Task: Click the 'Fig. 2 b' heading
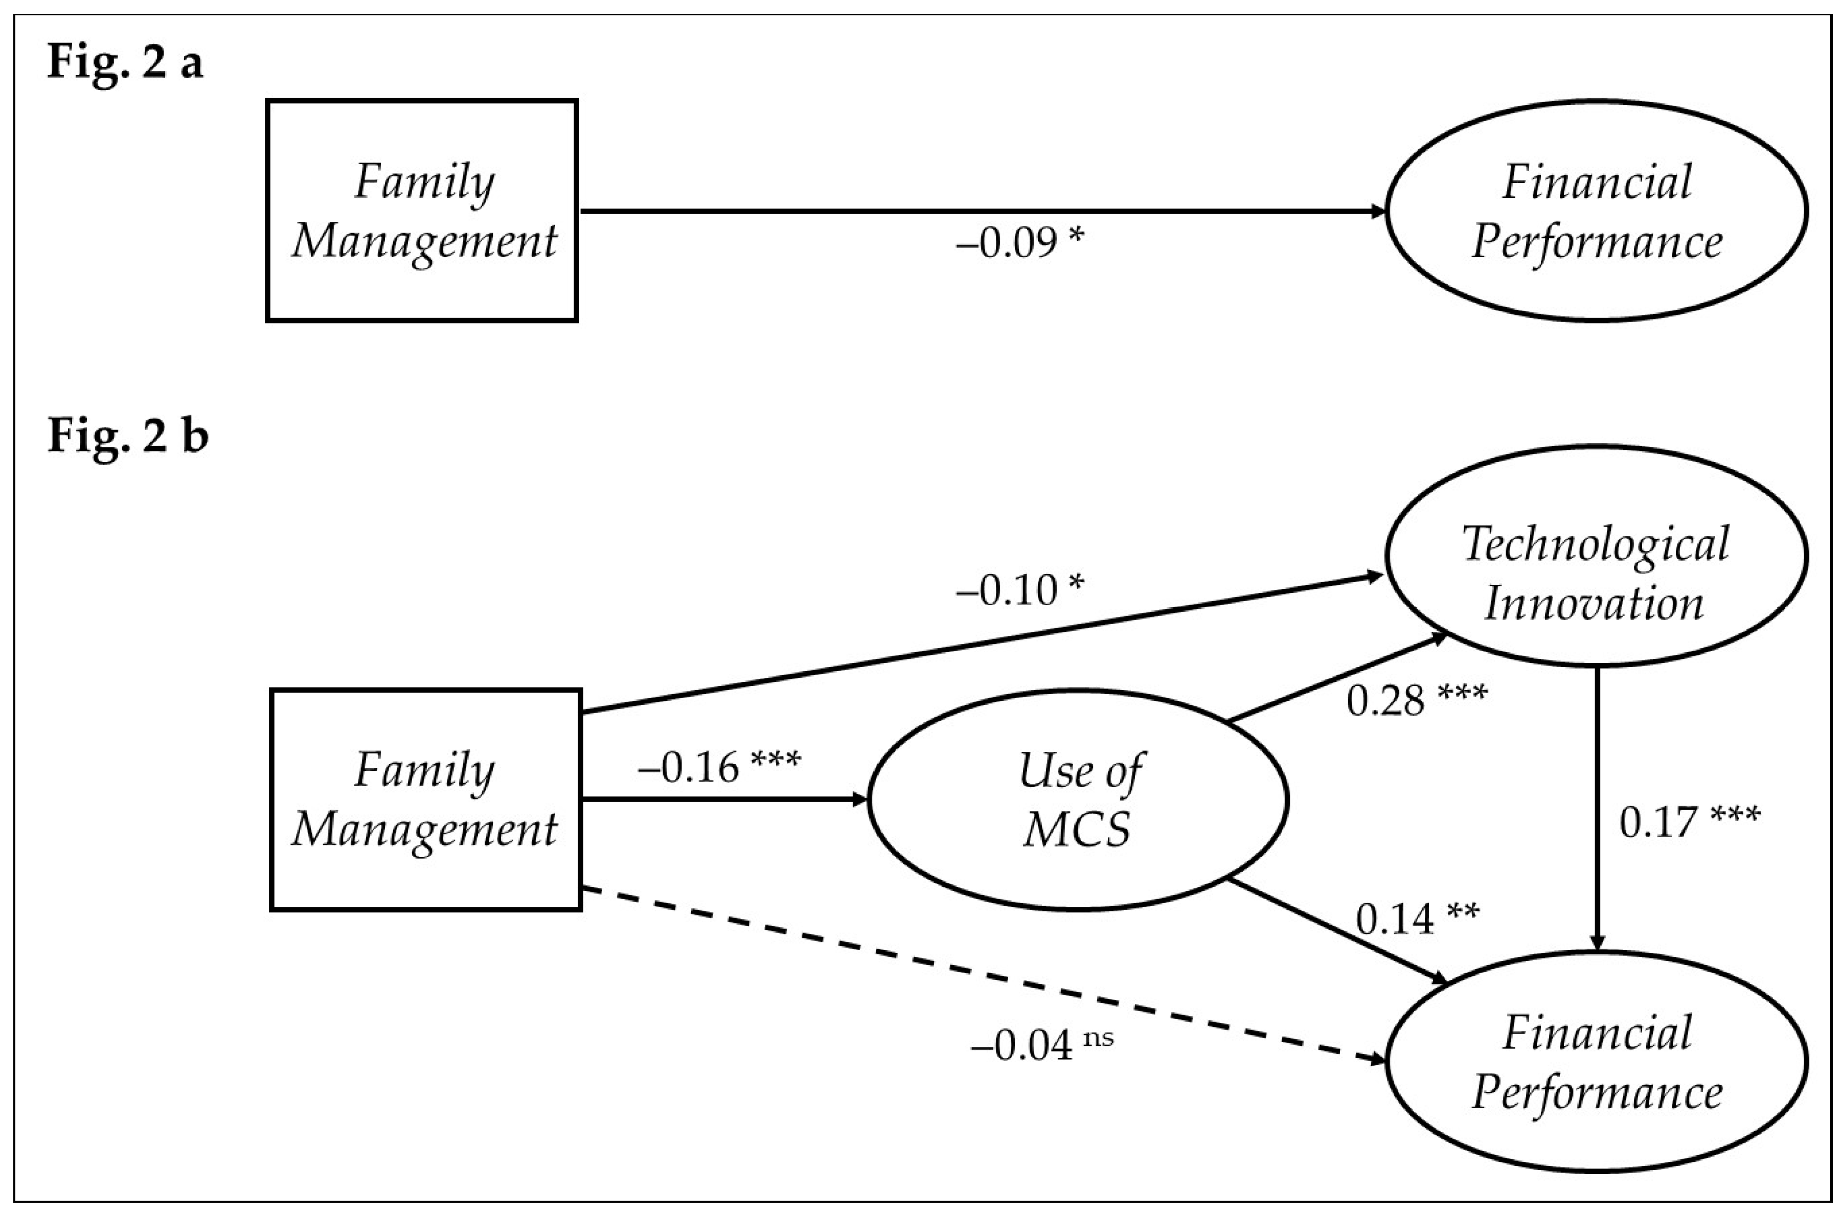[x=128, y=436]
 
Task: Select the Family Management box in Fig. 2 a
[x=422, y=210]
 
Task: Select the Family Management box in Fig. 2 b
[x=425, y=799]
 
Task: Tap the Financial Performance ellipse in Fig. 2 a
[x=1596, y=211]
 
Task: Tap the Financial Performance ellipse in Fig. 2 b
[x=1596, y=1062]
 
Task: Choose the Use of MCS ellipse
[x=1078, y=799]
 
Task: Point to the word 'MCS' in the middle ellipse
[x=1077, y=830]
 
